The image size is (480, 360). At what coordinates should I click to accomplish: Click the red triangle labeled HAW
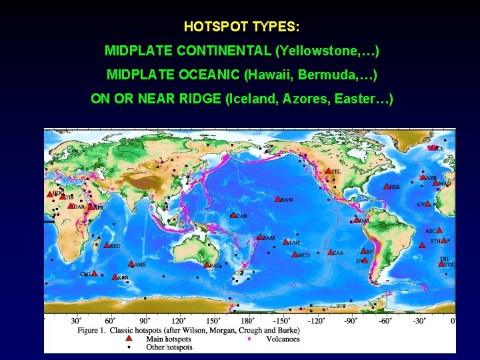click(277, 199)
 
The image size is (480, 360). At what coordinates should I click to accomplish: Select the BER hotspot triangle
click(387, 187)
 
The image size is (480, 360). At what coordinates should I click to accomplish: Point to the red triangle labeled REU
click(107, 245)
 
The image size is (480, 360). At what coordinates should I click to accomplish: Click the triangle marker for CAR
click(233, 215)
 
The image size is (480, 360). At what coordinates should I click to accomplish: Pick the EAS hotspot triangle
click(331, 253)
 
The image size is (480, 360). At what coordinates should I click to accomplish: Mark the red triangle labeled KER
click(115, 277)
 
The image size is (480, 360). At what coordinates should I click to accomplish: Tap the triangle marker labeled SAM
click(261, 237)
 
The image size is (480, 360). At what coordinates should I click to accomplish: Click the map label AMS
click(139, 265)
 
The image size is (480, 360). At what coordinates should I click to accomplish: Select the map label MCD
click(304, 255)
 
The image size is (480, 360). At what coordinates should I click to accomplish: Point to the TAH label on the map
click(293, 243)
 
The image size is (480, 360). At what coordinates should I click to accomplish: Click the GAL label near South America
click(364, 220)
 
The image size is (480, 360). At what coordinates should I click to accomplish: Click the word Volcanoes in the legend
click(283, 339)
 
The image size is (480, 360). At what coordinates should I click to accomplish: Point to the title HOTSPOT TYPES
click(241, 27)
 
